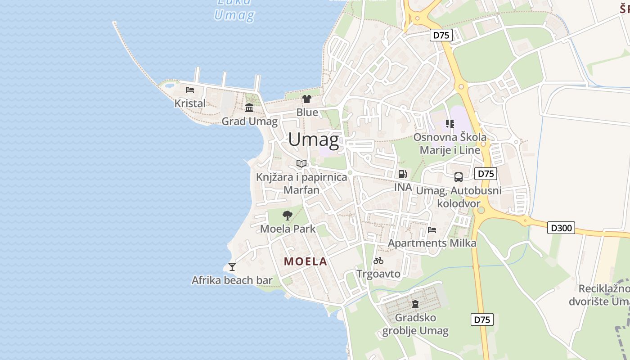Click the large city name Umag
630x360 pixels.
[314, 139]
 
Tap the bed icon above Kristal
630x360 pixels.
[190, 90]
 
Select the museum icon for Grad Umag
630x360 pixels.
[249, 108]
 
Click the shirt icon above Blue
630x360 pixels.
[307, 99]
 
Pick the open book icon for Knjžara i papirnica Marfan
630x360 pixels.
[301, 163]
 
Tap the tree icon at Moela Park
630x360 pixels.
[287, 216]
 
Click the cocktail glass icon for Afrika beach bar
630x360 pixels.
[232, 267]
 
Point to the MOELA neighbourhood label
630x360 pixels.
[306, 261]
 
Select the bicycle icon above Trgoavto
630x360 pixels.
[378, 261]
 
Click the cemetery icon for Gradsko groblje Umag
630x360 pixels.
[415, 304]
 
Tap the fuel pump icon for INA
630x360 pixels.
[403, 174]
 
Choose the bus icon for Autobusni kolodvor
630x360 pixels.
[459, 177]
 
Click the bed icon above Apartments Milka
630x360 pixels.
[432, 230]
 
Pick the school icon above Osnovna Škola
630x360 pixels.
[450, 123]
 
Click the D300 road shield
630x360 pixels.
[562, 228]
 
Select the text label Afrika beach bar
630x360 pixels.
[232, 280]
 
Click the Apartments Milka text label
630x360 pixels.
[432, 243]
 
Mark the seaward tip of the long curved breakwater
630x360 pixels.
[114, 22]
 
